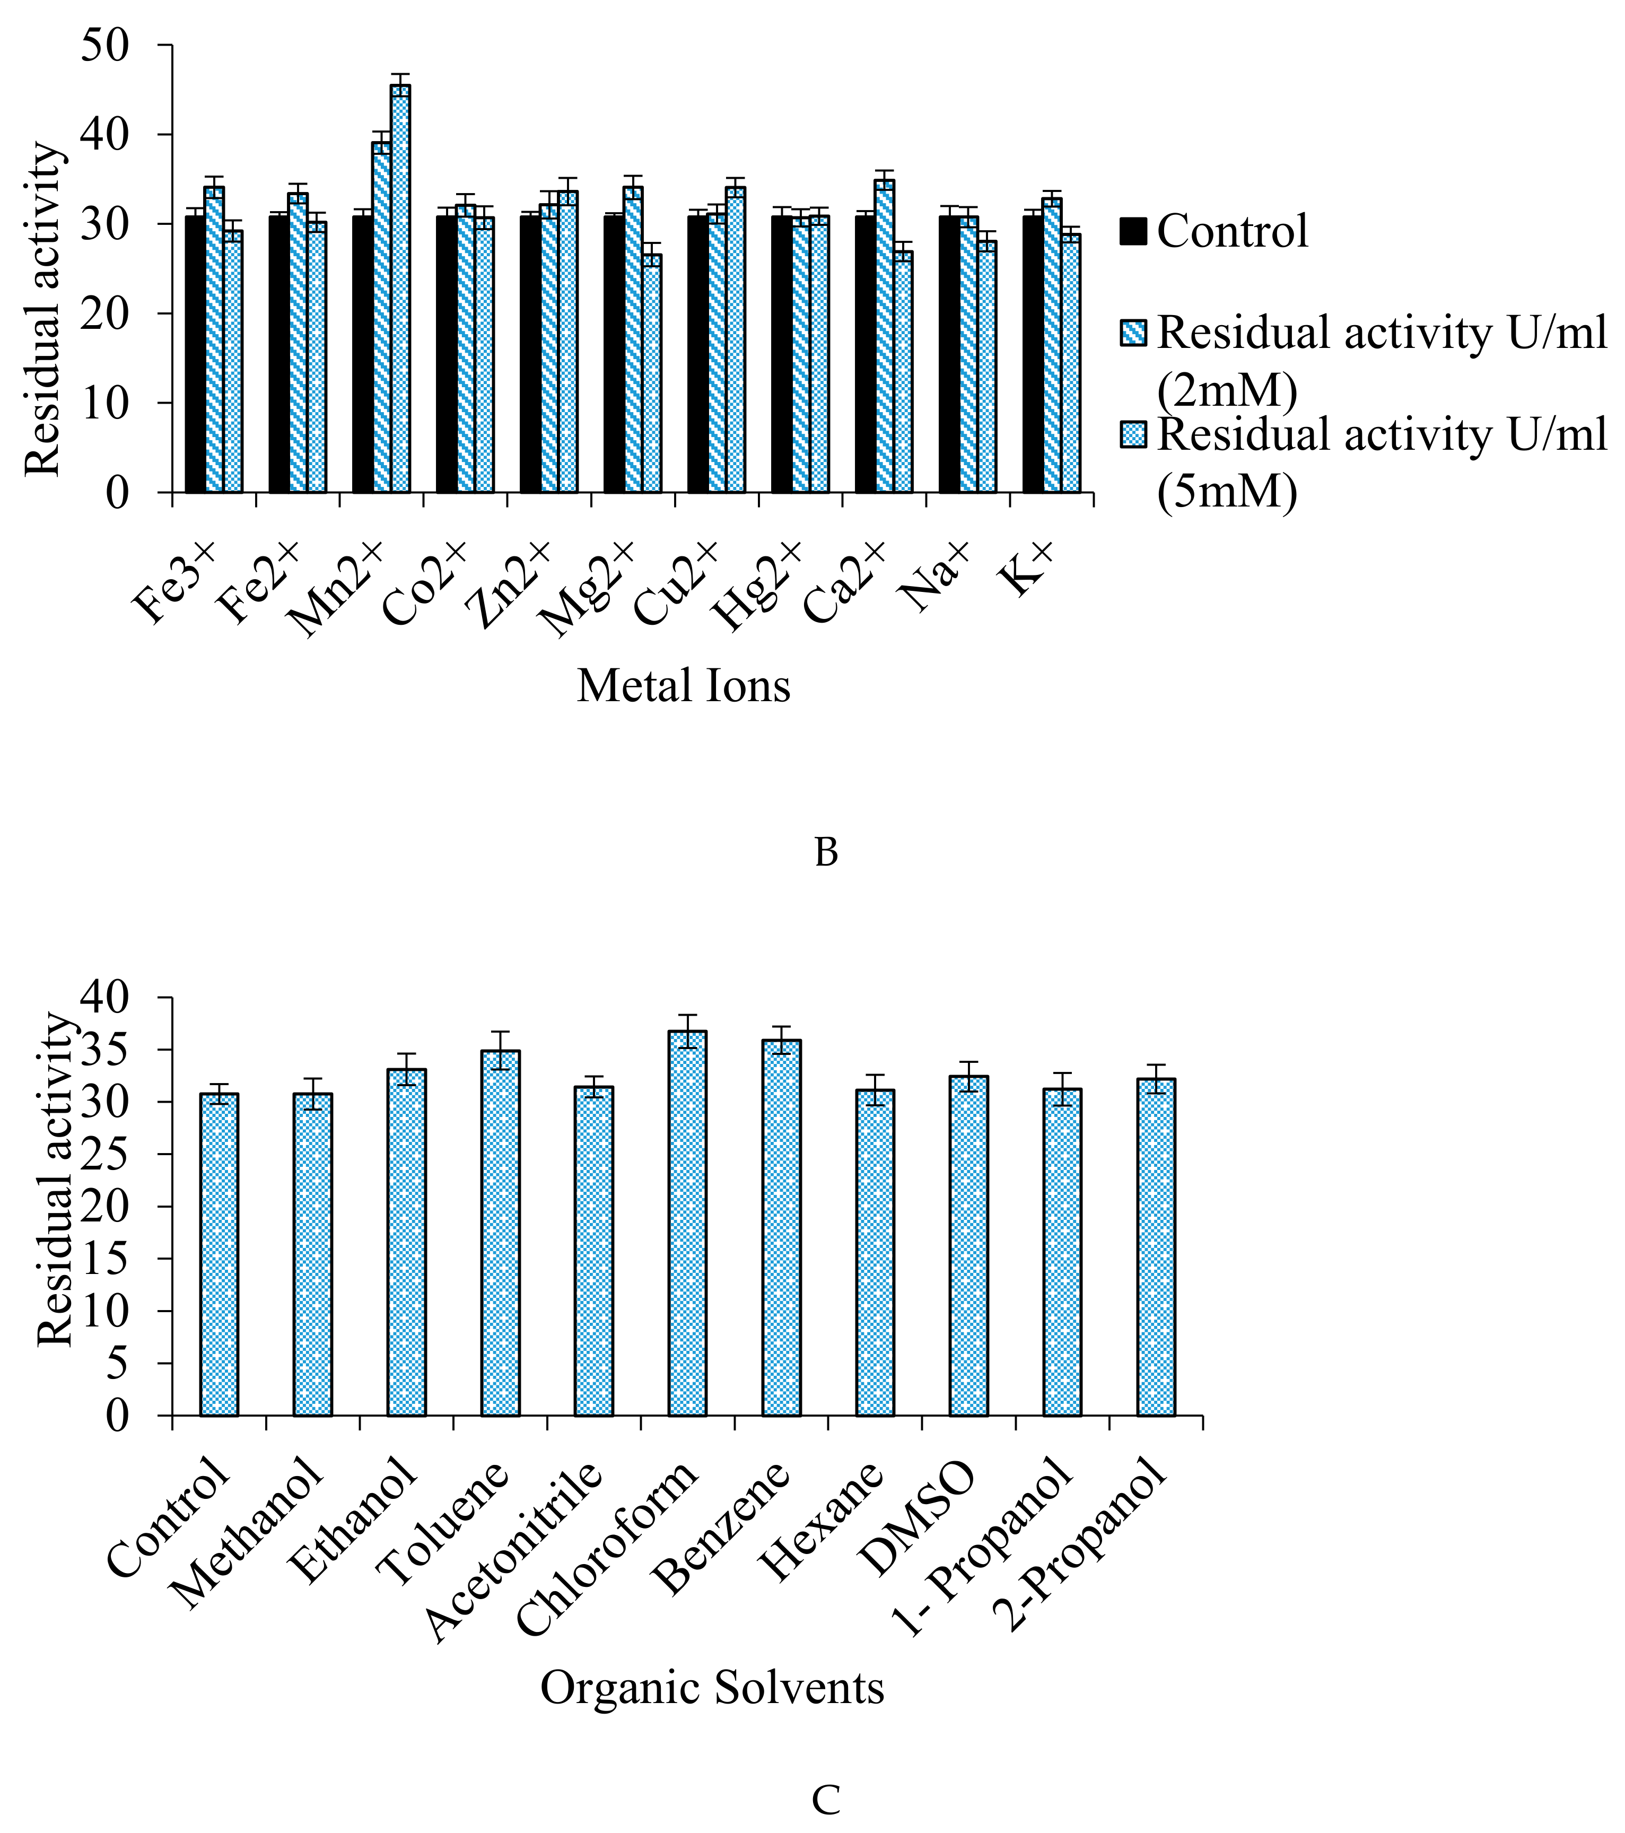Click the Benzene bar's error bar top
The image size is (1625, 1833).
781,1026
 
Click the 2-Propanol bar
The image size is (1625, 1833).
1156,1246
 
